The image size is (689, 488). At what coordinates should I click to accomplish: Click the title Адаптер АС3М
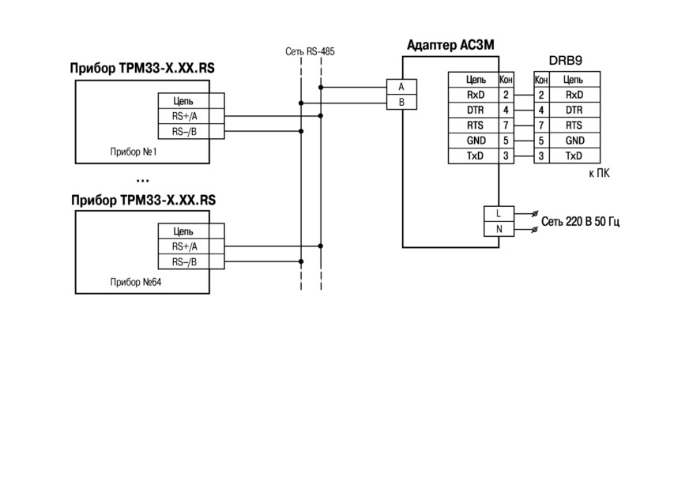(450, 45)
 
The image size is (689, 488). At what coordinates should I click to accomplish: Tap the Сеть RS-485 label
(310, 51)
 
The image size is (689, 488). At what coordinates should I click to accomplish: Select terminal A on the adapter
(401, 87)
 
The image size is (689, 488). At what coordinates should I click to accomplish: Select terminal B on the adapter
(401, 102)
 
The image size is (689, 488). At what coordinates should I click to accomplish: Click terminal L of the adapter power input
(499, 213)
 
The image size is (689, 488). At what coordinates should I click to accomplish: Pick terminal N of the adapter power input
(499, 229)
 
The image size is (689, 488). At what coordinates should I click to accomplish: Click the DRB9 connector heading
(566, 61)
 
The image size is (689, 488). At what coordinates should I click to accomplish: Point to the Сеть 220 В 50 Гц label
(580, 221)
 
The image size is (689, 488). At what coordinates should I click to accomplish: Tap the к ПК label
(600, 173)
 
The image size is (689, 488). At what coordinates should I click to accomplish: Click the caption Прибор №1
(134, 152)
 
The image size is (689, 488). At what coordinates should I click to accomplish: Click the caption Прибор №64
(135, 282)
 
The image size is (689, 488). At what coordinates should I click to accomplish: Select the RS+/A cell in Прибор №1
(184, 116)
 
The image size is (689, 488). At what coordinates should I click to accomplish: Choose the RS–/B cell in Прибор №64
(184, 262)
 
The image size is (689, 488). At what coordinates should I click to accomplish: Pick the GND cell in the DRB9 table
(574, 141)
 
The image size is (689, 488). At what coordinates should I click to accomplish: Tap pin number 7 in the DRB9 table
(541, 126)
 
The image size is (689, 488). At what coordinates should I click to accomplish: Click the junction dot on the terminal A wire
(321, 88)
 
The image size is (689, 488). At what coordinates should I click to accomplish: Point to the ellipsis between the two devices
(143, 181)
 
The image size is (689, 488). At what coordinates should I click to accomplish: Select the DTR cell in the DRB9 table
(574, 111)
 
